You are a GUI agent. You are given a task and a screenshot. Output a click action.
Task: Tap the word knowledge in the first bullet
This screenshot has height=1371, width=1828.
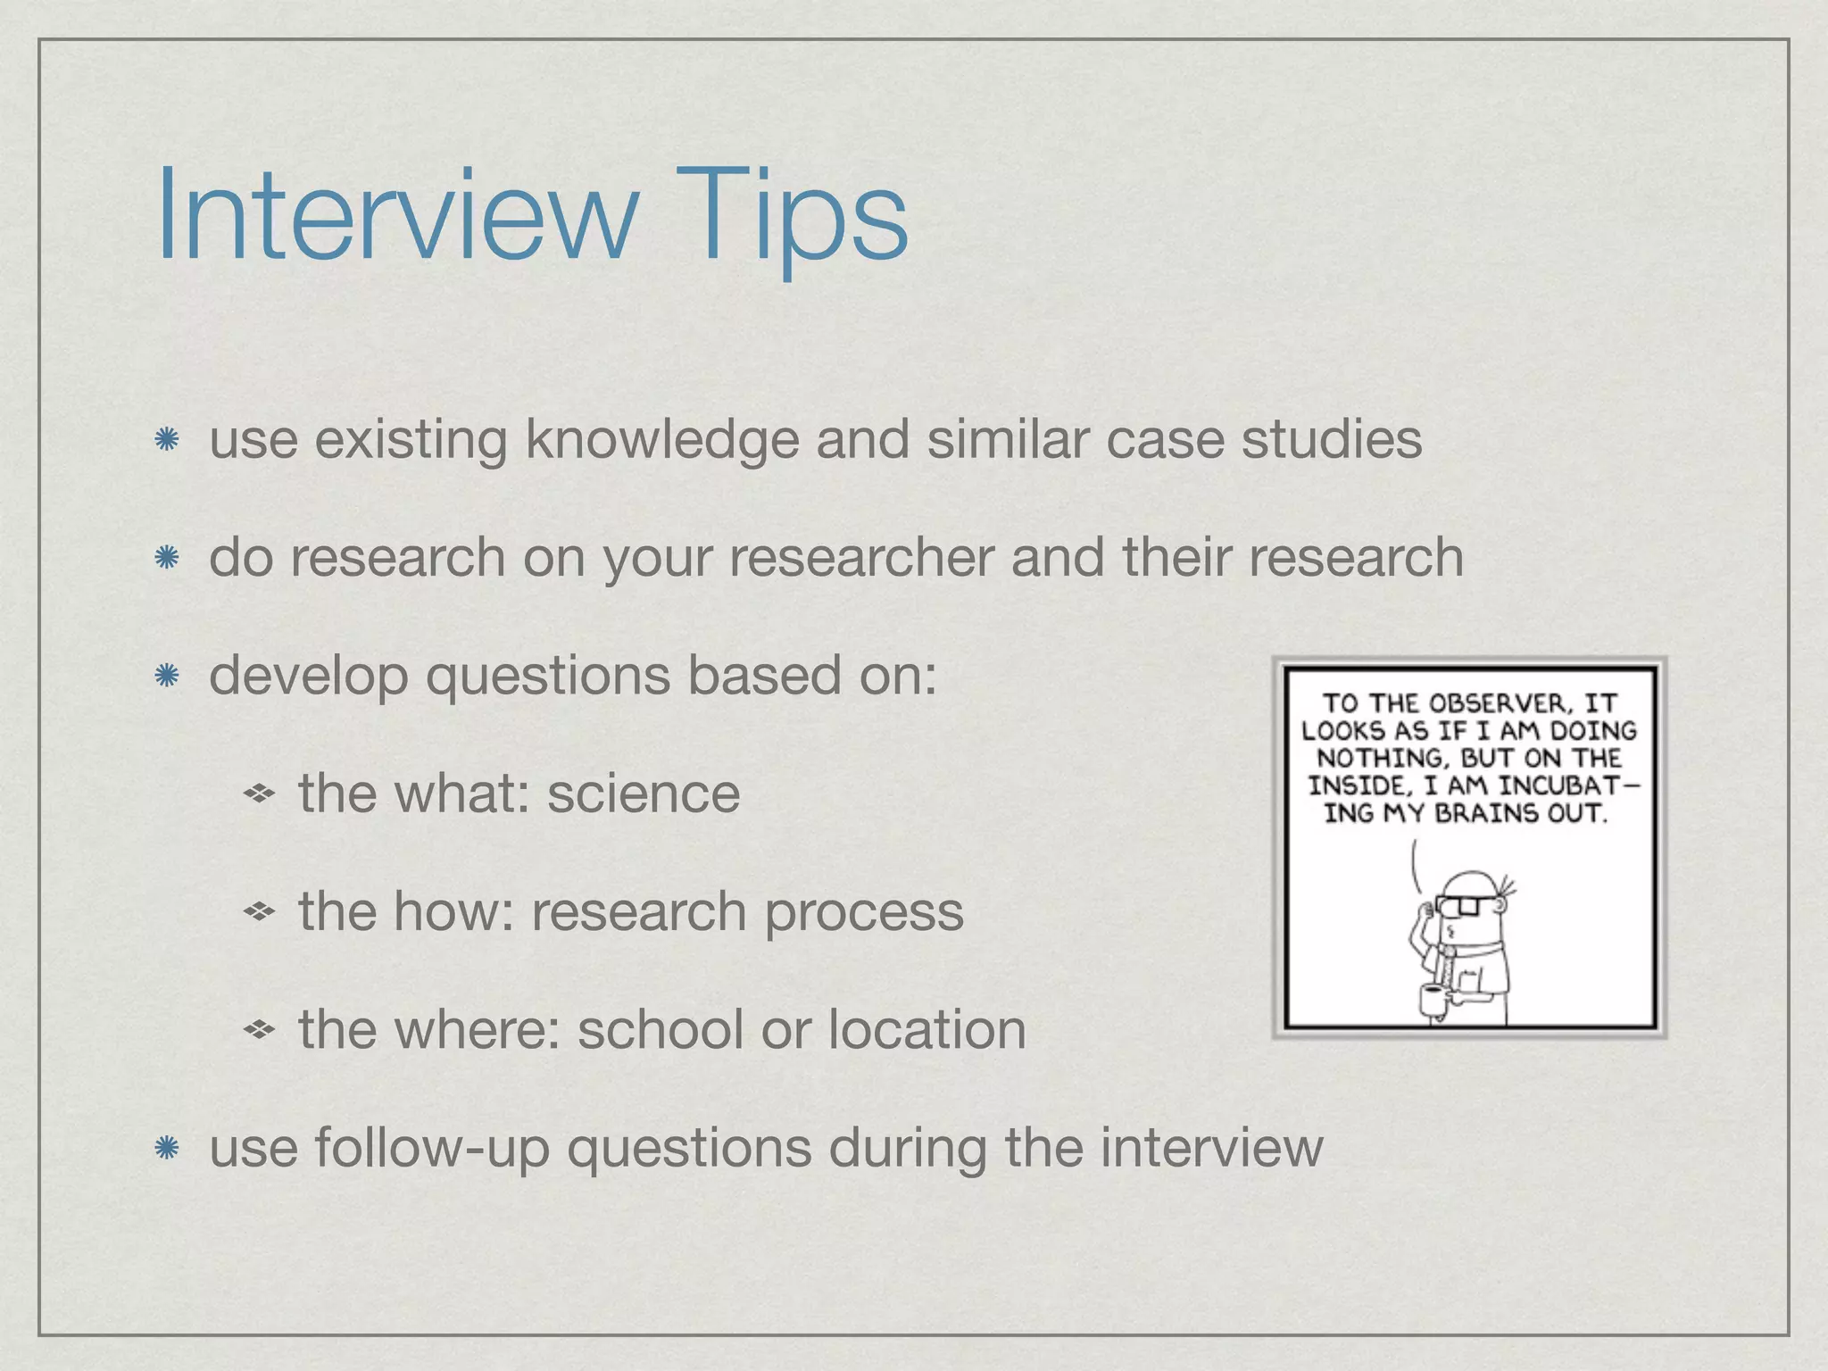(x=661, y=441)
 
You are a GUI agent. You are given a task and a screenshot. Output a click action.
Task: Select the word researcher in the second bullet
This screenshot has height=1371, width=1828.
(x=861, y=558)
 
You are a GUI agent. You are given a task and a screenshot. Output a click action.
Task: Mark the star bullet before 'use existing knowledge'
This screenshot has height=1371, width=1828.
(x=167, y=440)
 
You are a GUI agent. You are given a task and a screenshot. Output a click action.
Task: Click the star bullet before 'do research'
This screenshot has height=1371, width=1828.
(x=167, y=559)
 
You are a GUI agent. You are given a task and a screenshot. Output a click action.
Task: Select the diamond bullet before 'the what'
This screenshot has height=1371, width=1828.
(x=259, y=793)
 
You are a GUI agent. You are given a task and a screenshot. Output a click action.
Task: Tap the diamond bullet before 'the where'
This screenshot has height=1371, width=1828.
(x=259, y=1030)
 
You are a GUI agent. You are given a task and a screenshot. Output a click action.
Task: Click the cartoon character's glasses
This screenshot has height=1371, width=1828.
(x=1464, y=905)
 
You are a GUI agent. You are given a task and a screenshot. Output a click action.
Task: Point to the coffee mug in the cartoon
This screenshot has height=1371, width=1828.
(x=1433, y=1000)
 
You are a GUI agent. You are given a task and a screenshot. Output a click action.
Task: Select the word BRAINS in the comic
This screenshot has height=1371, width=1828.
(x=1488, y=814)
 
